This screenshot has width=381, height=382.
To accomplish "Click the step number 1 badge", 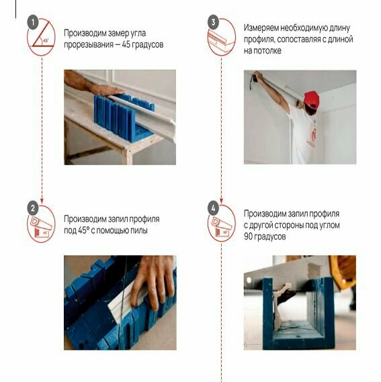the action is [33, 23].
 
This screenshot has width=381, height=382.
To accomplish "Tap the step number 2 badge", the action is [33, 208].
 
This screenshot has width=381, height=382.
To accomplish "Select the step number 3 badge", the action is [213, 23].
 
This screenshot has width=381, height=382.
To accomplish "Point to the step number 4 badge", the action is [213, 208].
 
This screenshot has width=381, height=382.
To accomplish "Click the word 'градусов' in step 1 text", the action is [148, 45].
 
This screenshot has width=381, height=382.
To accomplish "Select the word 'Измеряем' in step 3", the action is [261, 28].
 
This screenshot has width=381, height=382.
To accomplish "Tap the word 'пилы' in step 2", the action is [139, 230].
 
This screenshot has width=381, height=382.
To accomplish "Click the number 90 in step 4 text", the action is [248, 236].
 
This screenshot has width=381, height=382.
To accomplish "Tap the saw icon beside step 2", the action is [41, 227].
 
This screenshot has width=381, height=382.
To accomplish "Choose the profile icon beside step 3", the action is [221, 40].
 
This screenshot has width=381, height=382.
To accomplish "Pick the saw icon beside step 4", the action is [222, 227].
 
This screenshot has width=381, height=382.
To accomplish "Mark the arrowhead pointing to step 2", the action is [42, 201].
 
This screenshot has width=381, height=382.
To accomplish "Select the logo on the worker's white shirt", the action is [313, 136].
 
